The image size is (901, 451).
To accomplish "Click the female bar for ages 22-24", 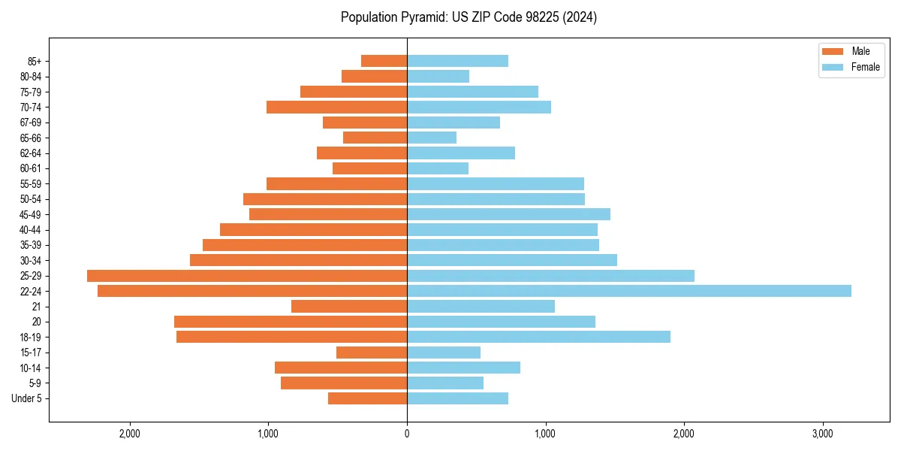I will tap(629, 291).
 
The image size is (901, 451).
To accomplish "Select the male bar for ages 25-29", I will tap(247, 276).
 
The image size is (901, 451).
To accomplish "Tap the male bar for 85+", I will tap(384, 61).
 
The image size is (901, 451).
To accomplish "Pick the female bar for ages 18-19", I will tap(538, 337).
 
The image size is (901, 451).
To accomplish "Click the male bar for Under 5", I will tap(367, 398).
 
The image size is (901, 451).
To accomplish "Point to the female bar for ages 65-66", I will tap(432, 138).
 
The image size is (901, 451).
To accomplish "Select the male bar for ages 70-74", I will tap(336, 107).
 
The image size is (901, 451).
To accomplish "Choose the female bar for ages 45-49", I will tap(508, 214).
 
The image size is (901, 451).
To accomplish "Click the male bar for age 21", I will tap(349, 306).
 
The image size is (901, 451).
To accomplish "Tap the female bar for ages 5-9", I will tap(445, 383).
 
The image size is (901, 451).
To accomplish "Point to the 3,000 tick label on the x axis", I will tap(822, 434).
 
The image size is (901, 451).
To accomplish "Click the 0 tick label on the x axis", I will tap(407, 434).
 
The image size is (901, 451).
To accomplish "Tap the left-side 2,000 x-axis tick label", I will tap(130, 434).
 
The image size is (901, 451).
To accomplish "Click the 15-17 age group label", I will tap(31, 353).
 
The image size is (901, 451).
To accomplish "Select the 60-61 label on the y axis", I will tap(31, 168).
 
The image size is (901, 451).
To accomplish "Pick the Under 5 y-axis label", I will tap(26, 398).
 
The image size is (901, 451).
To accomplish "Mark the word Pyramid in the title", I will tap(420, 17).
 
